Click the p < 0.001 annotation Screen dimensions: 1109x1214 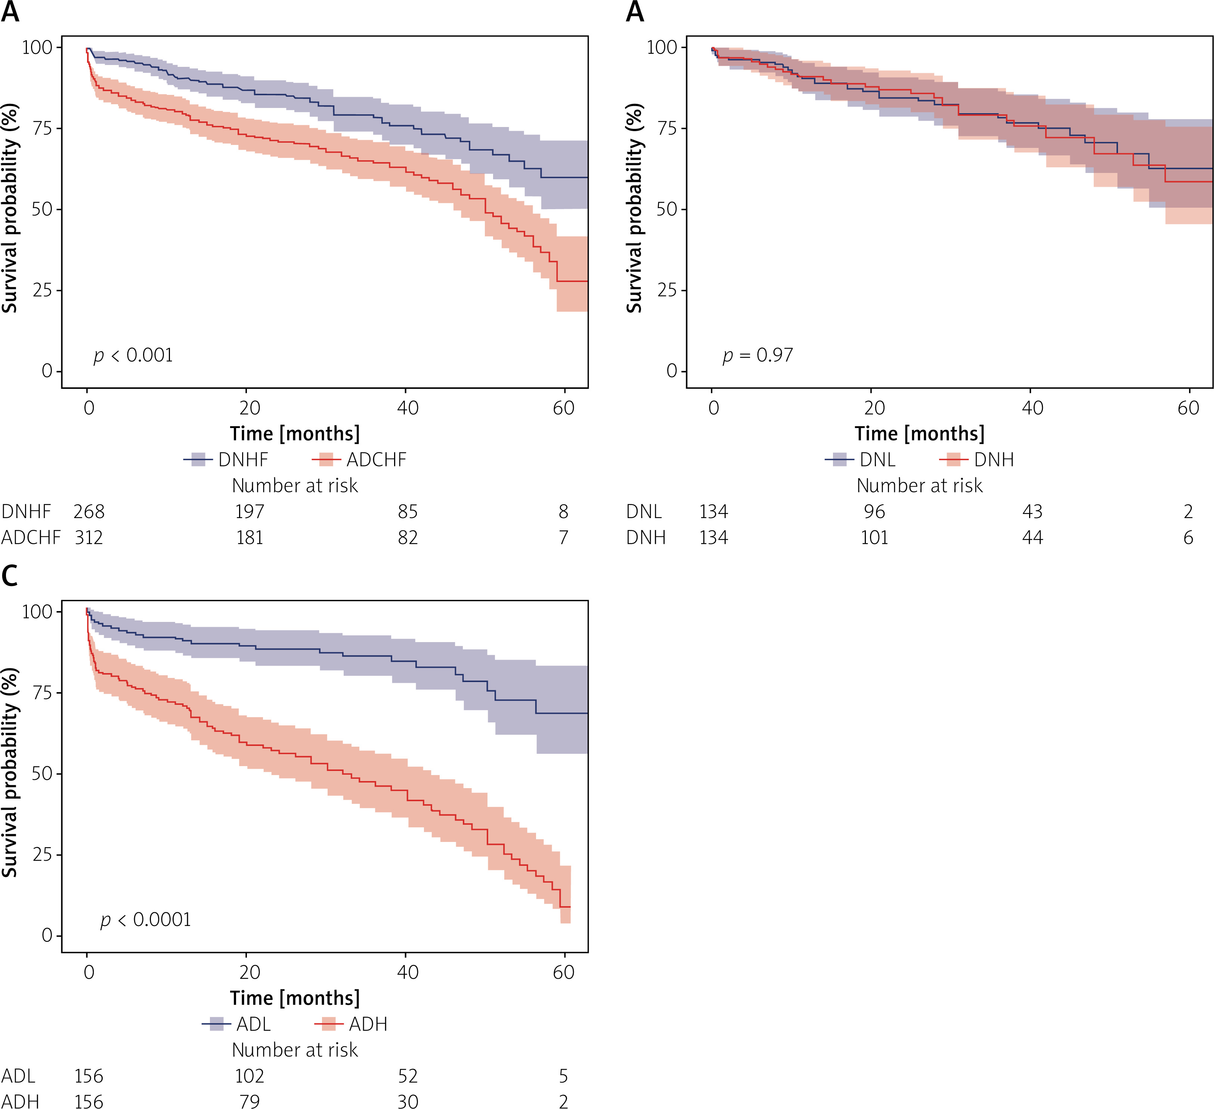133,355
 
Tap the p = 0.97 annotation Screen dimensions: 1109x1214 758,355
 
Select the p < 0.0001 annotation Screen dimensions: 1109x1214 145,919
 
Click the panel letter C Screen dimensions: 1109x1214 10,576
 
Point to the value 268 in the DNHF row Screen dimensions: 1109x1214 89,512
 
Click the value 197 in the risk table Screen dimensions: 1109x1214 249,512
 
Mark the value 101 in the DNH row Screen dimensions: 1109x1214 874,537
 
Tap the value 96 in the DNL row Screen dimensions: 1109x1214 874,512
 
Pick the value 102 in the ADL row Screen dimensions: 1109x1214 249,1076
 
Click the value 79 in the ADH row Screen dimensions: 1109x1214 249,1101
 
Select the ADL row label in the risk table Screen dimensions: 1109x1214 18,1076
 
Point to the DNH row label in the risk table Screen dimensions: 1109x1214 645,537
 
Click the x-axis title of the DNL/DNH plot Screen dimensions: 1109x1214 920,434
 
